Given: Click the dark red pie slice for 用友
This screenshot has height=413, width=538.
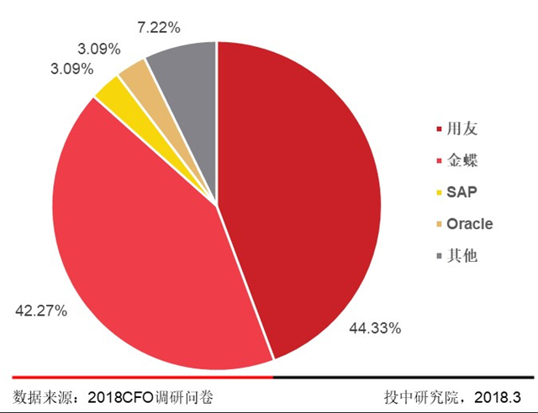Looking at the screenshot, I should coord(303,193).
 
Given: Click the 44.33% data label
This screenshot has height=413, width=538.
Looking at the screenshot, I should coord(374,327).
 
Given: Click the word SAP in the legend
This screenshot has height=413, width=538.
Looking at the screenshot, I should coord(461,193).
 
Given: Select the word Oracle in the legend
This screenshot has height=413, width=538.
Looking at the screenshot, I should coord(469,224).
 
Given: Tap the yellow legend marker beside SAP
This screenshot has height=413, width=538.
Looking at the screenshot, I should coord(439,194).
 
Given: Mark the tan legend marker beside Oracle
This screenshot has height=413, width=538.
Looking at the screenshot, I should coord(439,225).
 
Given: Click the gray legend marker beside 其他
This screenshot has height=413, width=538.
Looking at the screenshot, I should coord(439,256).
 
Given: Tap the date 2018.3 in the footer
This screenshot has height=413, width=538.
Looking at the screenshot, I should coord(501,395).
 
